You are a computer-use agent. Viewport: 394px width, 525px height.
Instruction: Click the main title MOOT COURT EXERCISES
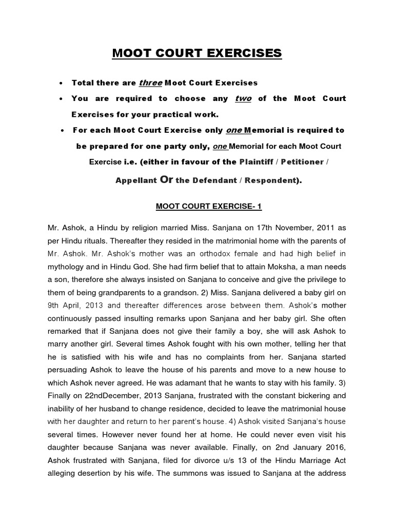(x=197, y=53)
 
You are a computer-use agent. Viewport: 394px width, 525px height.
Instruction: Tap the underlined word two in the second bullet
(x=243, y=98)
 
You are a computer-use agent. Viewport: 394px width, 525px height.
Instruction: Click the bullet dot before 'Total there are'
(x=62, y=83)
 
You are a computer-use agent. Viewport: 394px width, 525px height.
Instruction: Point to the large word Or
(x=167, y=180)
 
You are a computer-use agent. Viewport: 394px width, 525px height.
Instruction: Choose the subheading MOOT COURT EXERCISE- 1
(x=197, y=206)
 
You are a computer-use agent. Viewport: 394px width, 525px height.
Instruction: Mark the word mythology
(x=69, y=267)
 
